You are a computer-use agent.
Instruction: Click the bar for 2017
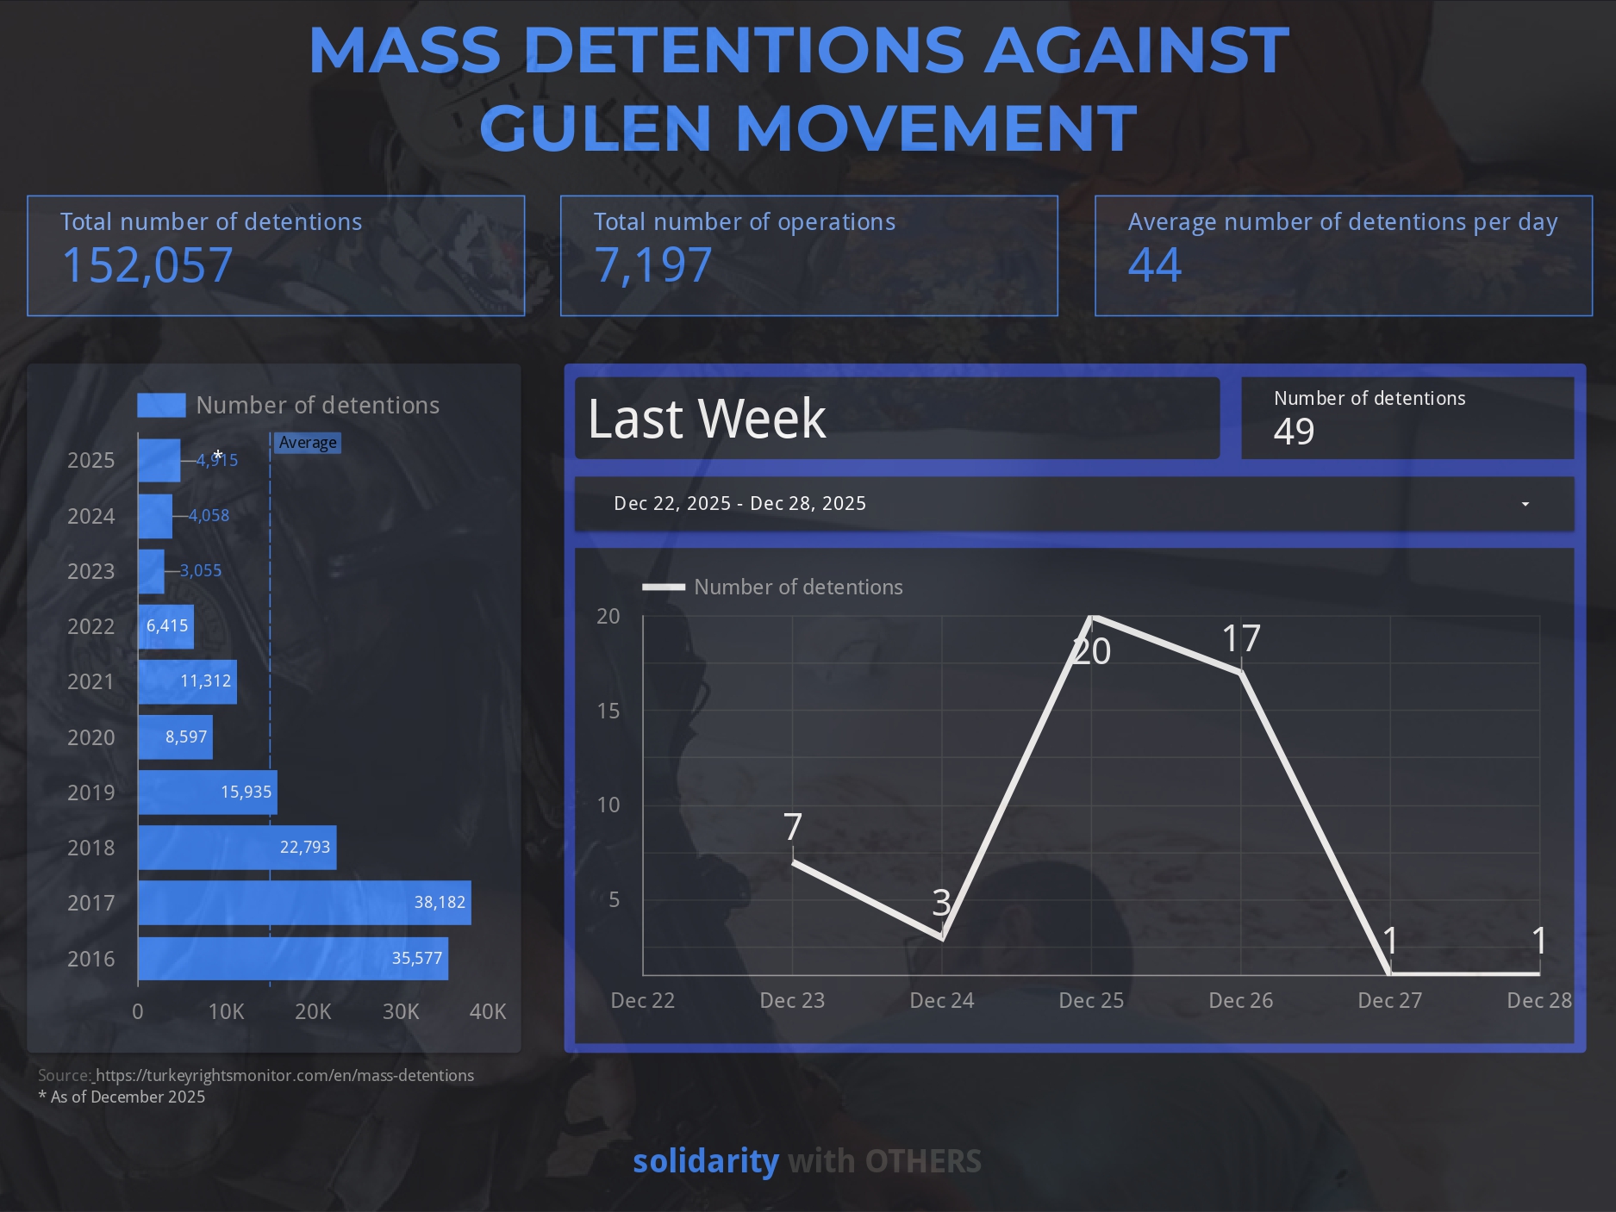click(304, 903)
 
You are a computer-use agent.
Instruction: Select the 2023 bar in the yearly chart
click(151, 571)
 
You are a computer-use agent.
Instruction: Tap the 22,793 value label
click(305, 848)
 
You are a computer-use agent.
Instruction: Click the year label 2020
click(90, 737)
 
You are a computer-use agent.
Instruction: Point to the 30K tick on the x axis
click(401, 1011)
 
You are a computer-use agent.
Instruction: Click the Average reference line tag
click(308, 443)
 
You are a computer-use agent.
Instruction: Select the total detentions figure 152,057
click(147, 265)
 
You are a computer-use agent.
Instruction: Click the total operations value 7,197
click(653, 265)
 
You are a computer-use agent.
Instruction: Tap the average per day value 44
click(1155, 265)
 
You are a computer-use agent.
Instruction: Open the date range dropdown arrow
click(1525, 504)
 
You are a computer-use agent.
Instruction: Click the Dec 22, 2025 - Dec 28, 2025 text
click(739, 504)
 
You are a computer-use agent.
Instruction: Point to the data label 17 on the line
click(1241, 639)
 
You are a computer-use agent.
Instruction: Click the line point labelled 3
click(942, 937)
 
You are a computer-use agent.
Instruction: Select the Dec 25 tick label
click(1091, 1001)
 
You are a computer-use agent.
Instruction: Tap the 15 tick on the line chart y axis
click(608, 711)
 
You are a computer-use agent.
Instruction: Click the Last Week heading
click(707, 420)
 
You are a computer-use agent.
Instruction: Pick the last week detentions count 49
click(1294, 432)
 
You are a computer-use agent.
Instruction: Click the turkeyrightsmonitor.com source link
click(284, 1076)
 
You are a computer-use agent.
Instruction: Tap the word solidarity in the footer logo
click(706, 1161)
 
